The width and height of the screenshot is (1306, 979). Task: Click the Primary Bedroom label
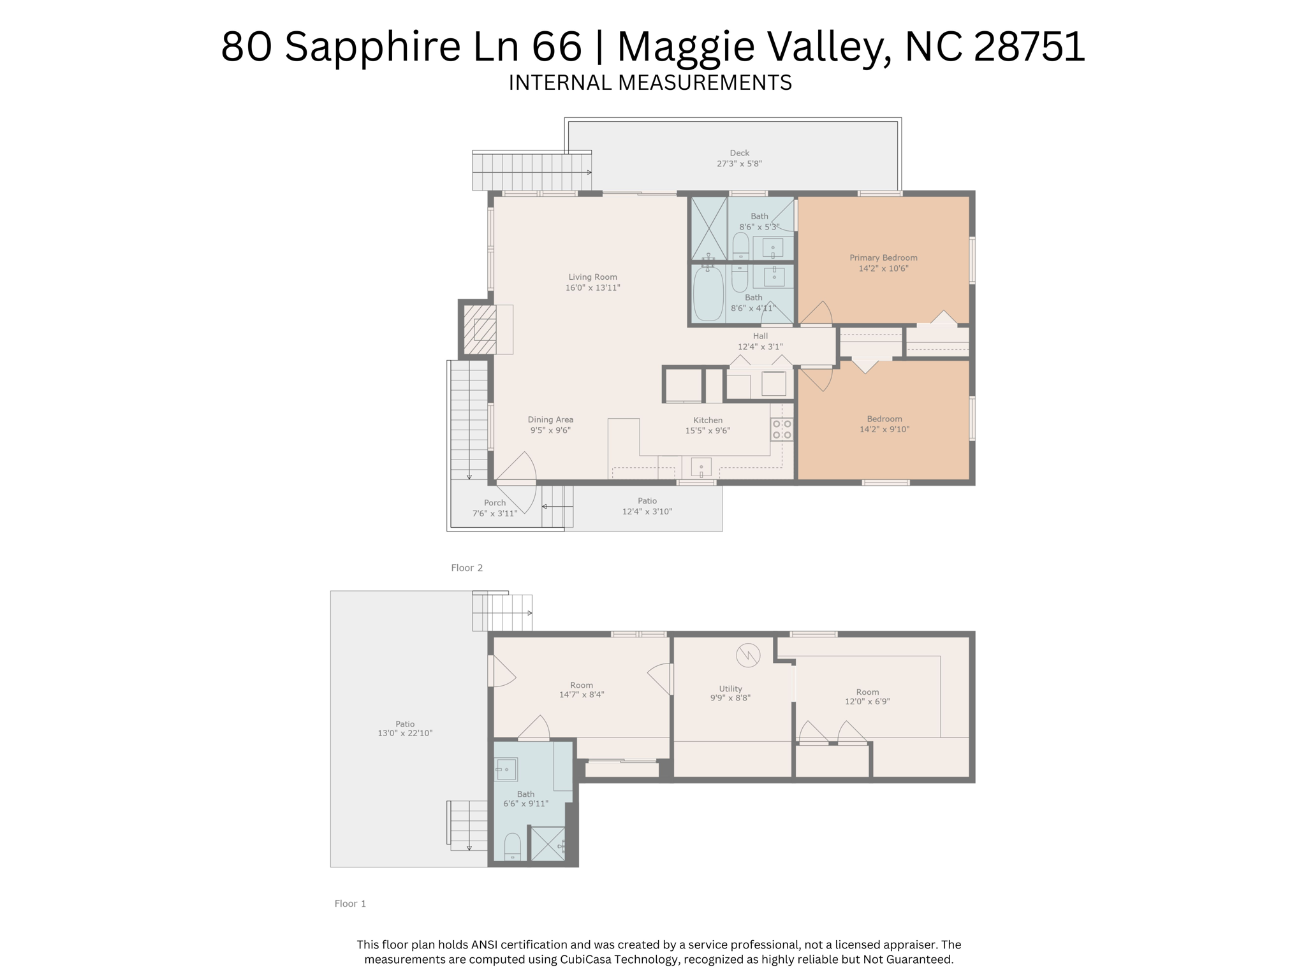point(883,257)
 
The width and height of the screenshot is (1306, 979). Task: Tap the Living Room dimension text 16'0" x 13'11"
point(592,288)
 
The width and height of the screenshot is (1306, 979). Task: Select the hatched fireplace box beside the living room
point(480,330)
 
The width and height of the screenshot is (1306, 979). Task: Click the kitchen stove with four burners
point(782,429)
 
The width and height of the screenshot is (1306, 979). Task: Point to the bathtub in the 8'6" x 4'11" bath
point(708,294)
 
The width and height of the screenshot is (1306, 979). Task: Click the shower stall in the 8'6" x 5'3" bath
point(709,229)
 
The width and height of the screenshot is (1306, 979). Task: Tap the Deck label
point(740,153)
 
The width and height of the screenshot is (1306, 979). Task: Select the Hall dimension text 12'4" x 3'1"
point(760,347)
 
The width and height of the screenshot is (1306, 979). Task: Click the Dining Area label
point(550,419)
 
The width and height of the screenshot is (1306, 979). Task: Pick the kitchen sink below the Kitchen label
point(701,468)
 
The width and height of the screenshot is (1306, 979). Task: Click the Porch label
point(495,503)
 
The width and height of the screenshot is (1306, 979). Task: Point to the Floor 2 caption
point(467,568)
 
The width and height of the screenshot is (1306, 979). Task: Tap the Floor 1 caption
point(350,903)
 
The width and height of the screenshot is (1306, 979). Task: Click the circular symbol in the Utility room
point(748,655)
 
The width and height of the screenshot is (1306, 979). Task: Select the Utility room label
point(731,688)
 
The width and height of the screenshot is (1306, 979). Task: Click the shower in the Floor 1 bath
point(548,844)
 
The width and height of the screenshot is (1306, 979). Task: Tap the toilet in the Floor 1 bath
point(513,847)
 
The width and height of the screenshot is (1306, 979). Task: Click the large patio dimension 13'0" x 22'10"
point(405,734)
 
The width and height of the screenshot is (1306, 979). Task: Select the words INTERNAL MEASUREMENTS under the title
point(650,83)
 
